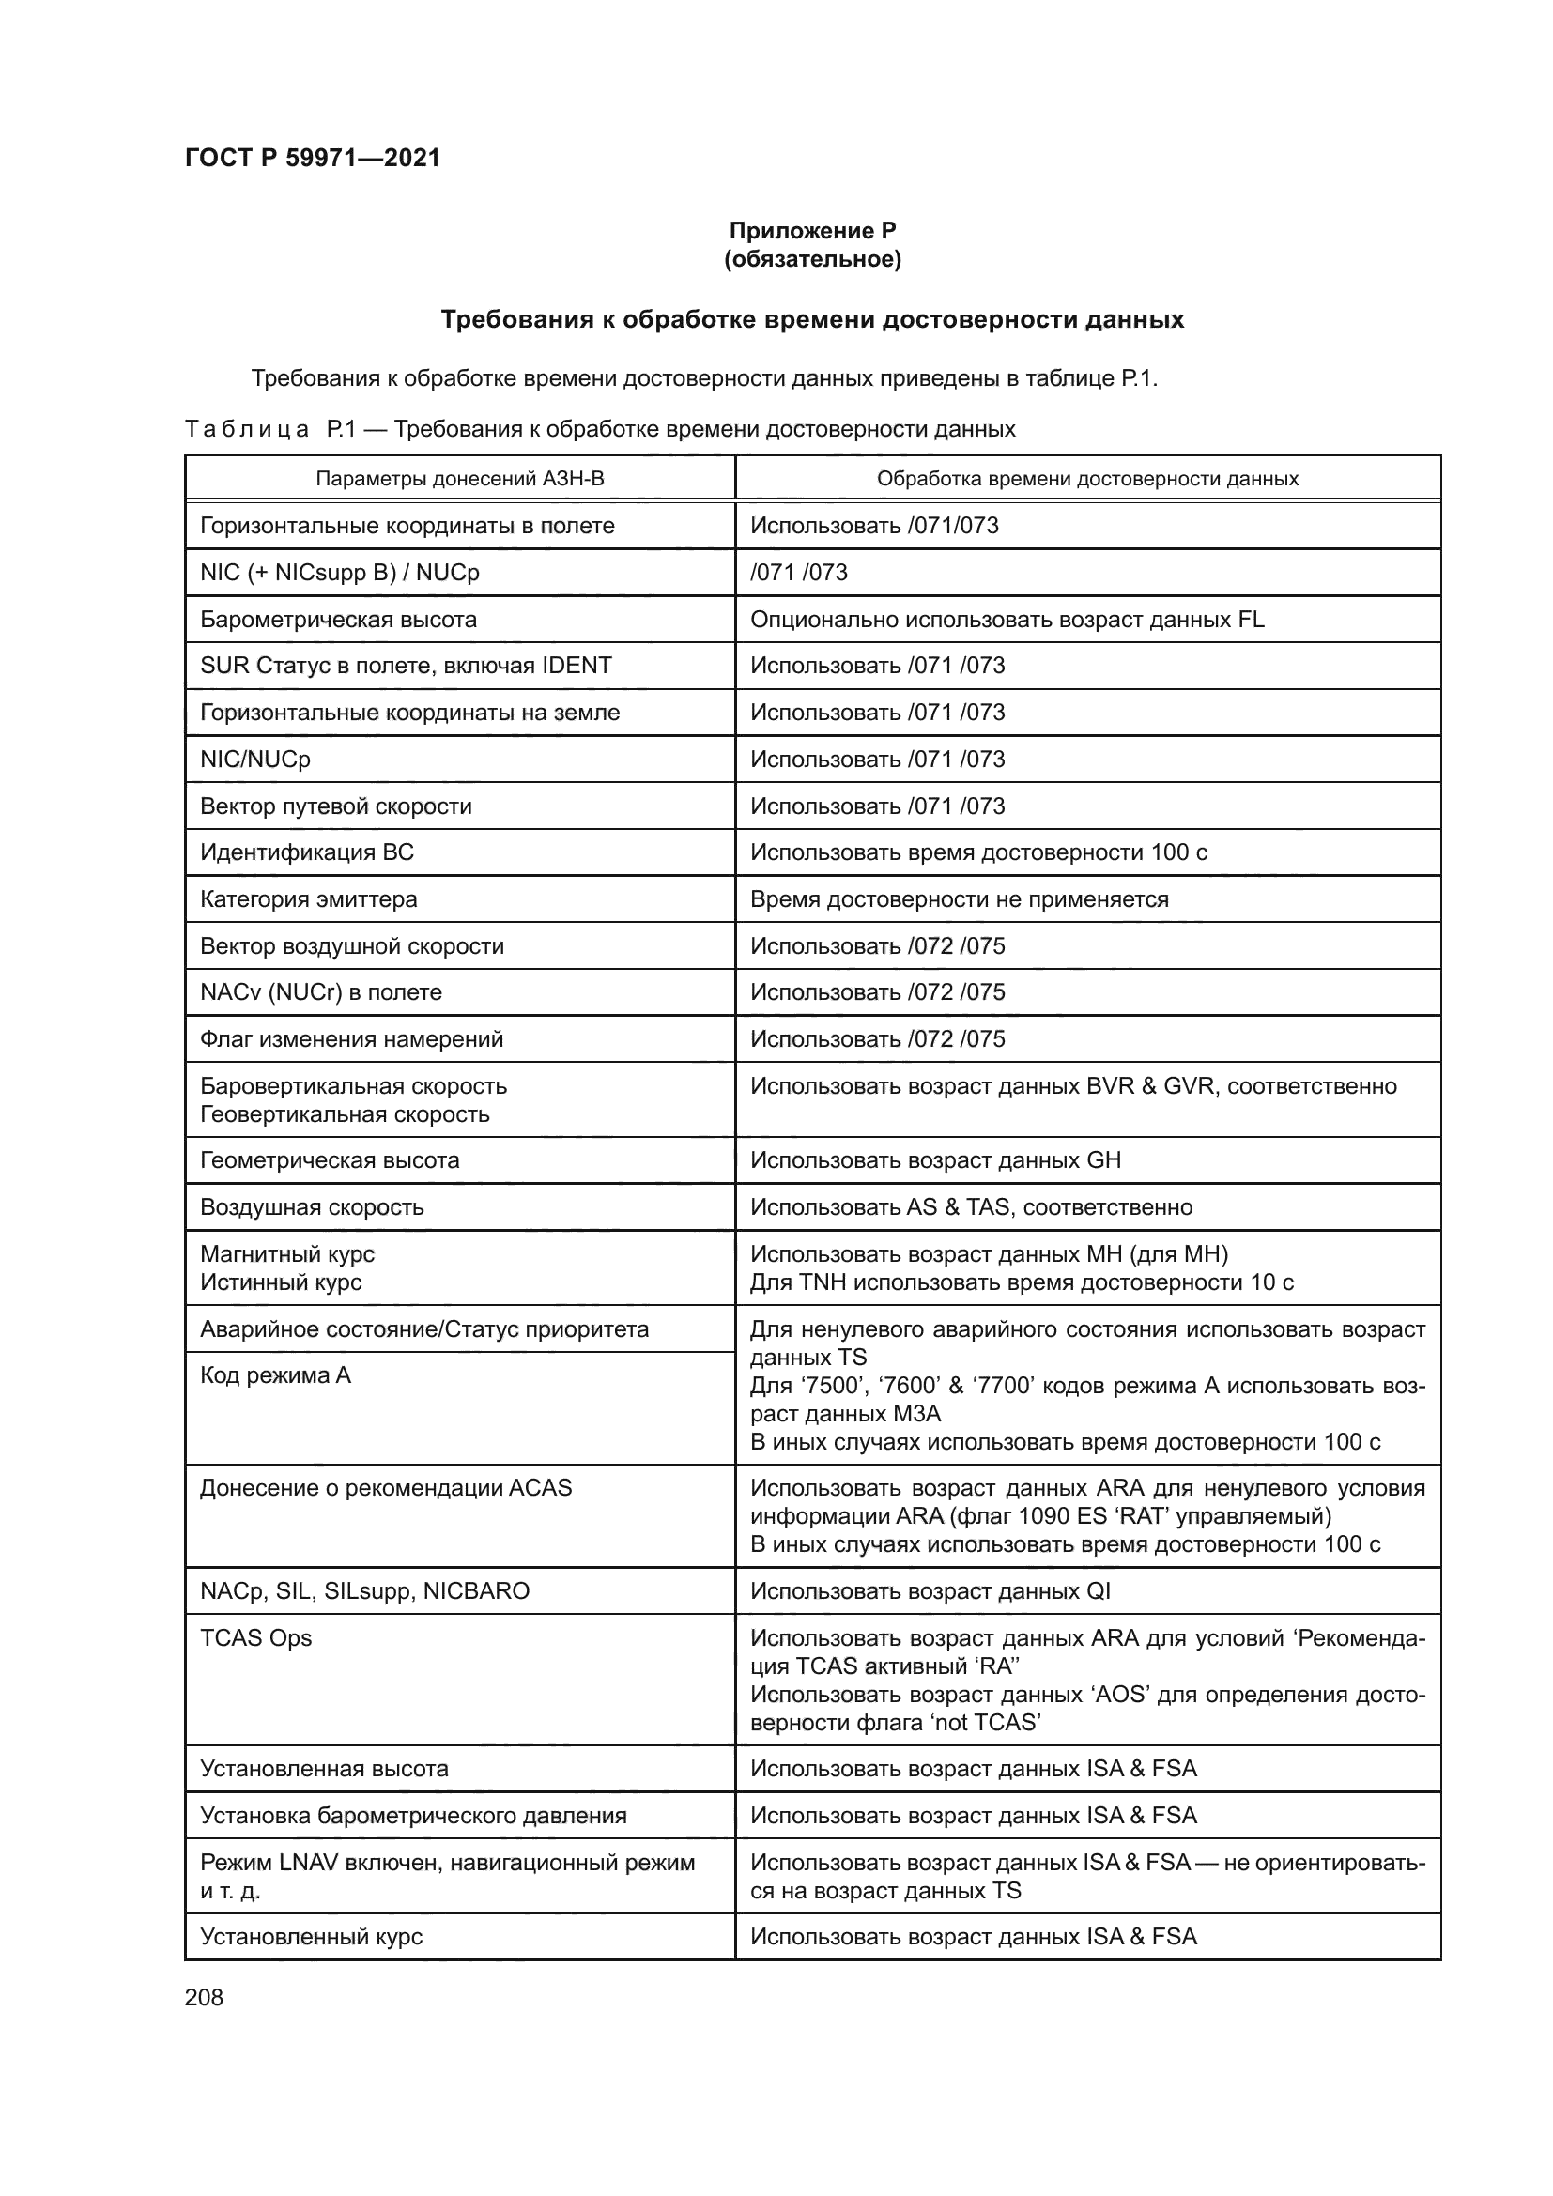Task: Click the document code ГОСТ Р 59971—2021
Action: [x=312, y=158]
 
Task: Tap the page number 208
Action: [x=204, y=1997]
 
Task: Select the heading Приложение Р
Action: [x=812, y=231]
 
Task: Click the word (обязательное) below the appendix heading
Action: [x=812, y=259]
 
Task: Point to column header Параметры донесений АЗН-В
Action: [x=460, y=478]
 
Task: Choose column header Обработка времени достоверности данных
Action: [x=1087, y=478]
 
